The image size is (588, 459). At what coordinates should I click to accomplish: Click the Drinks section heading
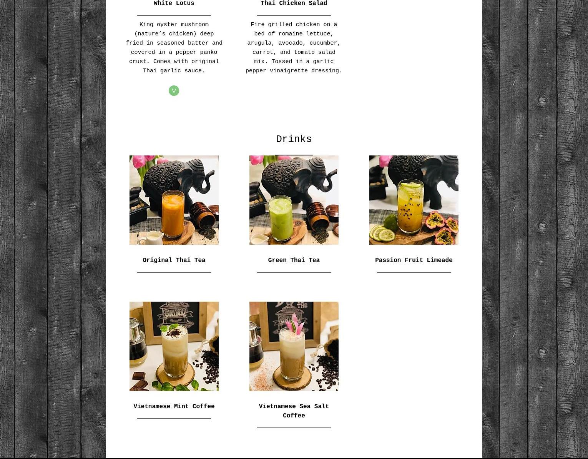(x=294, y=139)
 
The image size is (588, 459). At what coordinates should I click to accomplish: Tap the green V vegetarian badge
(x=174, y=91)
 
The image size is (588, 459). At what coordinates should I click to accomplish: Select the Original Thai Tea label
(x=174, y=260)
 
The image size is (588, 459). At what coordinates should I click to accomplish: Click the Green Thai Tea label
(x=294, y=260)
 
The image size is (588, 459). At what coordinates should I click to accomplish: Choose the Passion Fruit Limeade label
(x=414, y=260)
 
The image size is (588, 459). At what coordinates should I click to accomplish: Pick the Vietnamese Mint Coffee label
(x=174, y=406)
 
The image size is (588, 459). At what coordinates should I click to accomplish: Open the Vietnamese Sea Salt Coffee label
(x=294, y=411)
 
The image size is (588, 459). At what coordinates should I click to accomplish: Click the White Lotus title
(x=174, y=3)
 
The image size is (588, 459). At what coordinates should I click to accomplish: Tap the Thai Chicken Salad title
(x=294, y=3)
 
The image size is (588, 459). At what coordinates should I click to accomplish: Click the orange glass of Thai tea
(x=173, y=214)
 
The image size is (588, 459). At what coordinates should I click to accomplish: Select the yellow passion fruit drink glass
(x=410, y=206)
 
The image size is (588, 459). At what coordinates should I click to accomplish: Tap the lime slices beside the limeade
(x=382, y=232)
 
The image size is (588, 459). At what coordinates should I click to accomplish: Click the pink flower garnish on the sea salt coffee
(x=296, y=324)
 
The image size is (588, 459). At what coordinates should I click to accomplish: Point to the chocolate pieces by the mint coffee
(x=140, y=381)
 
